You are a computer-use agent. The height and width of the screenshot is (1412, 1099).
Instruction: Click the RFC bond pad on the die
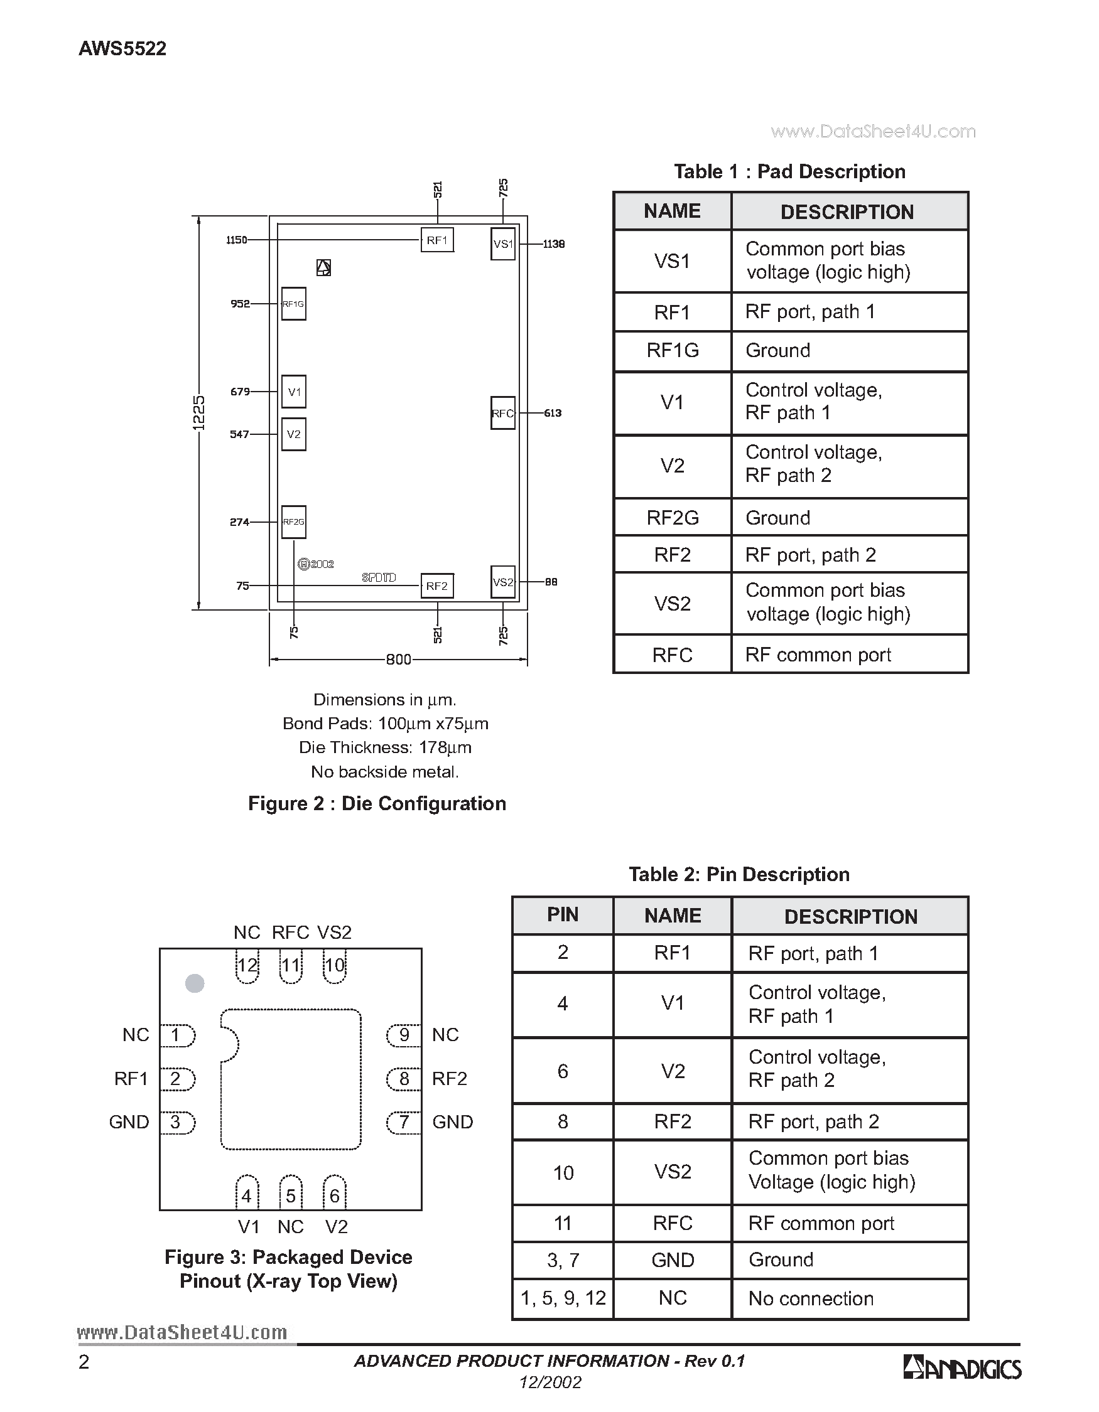click(x=503, y=413)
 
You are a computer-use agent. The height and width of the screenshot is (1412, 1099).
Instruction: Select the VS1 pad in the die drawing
click(x=503, y=243)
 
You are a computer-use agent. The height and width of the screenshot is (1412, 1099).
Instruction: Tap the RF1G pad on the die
click(x=294, y=304)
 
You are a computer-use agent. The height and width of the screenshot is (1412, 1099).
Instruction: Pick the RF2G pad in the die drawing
click(x=294, y=521)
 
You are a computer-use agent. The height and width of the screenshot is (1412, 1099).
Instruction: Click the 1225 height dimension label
click(x=199, y=412)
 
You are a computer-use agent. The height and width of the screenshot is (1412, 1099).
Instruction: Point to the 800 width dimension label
click(x=398, y=660)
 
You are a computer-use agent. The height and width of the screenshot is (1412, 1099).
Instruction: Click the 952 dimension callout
click(x=240, y=304)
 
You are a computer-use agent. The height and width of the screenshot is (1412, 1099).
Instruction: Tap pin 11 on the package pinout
click(x=290, y=966)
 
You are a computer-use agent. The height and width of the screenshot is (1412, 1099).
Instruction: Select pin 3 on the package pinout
click(x=176, y=1122)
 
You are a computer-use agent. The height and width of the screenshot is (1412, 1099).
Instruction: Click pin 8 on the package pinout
click(x=404, y=1078)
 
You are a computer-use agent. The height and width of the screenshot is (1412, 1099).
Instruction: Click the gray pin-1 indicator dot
click(x=195, y=983)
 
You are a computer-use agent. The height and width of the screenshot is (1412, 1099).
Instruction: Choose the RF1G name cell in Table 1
click(x=673, y=351)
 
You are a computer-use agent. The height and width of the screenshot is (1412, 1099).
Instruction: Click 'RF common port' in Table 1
click(x=818, y=655)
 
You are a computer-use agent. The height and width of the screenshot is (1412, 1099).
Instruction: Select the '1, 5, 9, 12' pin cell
click(x=563, y=1298)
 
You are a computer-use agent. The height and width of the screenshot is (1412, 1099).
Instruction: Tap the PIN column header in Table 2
click(x=563, y=915)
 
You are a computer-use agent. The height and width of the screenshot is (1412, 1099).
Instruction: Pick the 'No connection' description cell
click(x=811, y=1298)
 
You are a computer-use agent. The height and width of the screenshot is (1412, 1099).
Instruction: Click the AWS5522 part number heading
click(x=122, y=48)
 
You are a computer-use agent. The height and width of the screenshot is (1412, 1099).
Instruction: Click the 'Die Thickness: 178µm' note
click(x=385, y=747)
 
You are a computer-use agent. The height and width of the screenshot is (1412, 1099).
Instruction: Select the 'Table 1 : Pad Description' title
click(x=789, y=171)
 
